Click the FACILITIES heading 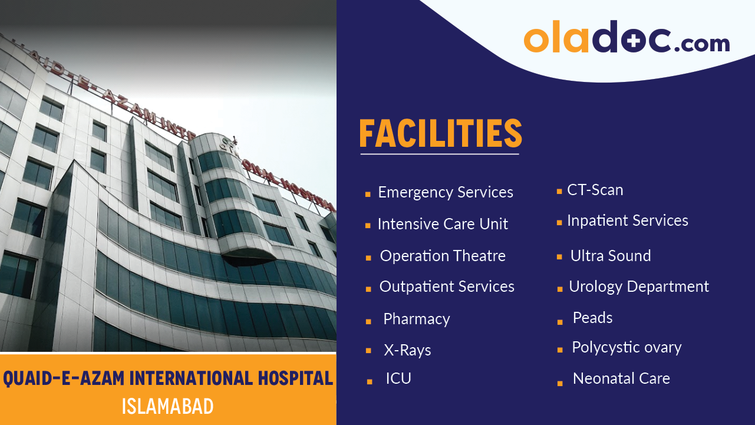[x=440, y=133]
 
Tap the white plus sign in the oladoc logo [x=634, y=41]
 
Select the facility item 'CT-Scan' [x=595, y=190]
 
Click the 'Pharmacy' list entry [x=417, y=319]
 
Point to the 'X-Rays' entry [x=407, y=350]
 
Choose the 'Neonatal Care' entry [x=622, y=378]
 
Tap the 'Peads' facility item [x=592, y=318]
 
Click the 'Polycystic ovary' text [x=627, y=347]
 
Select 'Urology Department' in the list [x=639, y=287]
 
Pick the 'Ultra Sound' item [x=611, y=256]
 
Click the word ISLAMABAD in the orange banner [x=167, y=406]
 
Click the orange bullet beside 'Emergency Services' [x=368, y=194]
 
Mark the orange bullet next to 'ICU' [x=370, y=381]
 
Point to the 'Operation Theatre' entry [x=443, y=256]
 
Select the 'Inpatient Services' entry [x=628, y=221]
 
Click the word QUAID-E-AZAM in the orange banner [x=64, y=378]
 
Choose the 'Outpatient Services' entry [x=447, y=287]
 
